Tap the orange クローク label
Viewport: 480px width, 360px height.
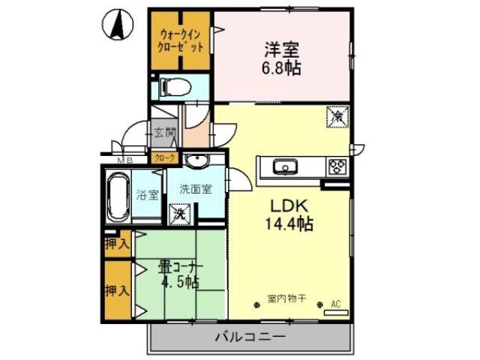(165, 157)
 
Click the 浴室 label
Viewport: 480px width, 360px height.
(147, 196)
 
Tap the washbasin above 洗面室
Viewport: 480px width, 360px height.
(198, 160)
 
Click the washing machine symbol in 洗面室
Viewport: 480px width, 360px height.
(181, 214)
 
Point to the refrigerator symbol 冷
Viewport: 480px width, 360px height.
(337, 117)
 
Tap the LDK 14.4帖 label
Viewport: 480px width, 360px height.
(287, 213)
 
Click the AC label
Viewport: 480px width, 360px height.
(335, 304)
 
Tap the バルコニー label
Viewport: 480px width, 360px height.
(250, 337)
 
